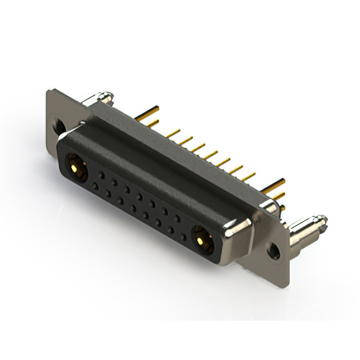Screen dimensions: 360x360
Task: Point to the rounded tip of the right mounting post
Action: (322, 219)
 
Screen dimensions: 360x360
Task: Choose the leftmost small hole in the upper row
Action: (102, 174)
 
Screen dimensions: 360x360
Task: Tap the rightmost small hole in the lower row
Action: (183, 237)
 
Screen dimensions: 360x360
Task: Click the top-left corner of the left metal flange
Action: (49, 91)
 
